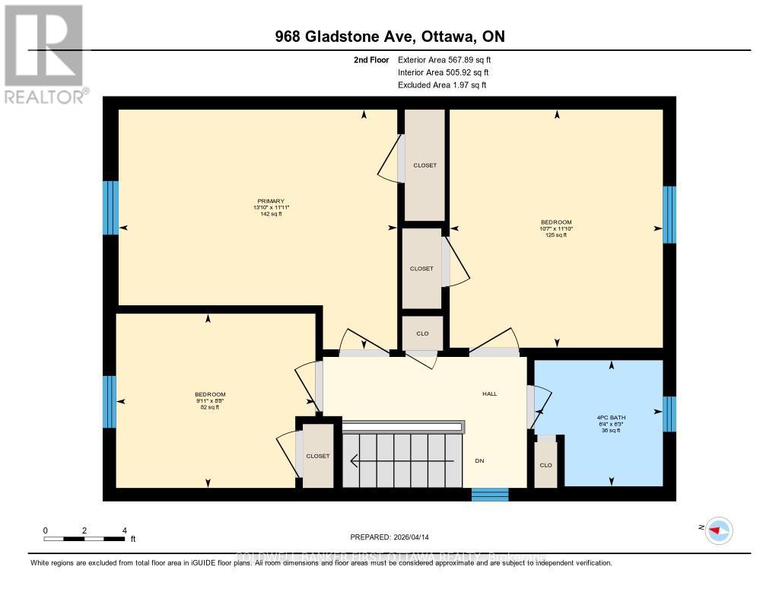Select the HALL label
point(489,393)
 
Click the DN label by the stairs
point(479,460)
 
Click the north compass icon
point(717,530)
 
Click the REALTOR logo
point(43,53)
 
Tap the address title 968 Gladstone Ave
point(389,37)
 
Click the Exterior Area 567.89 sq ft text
point(449,59)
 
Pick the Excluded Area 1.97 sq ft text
point(442,85)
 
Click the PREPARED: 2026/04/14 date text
point(389,537)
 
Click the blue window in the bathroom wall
point(669,413)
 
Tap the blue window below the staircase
point(489,495)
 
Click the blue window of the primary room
point(111,208)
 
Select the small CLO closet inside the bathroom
point(545,464)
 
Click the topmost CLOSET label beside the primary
point(424,165)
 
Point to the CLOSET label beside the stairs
point(318,456)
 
